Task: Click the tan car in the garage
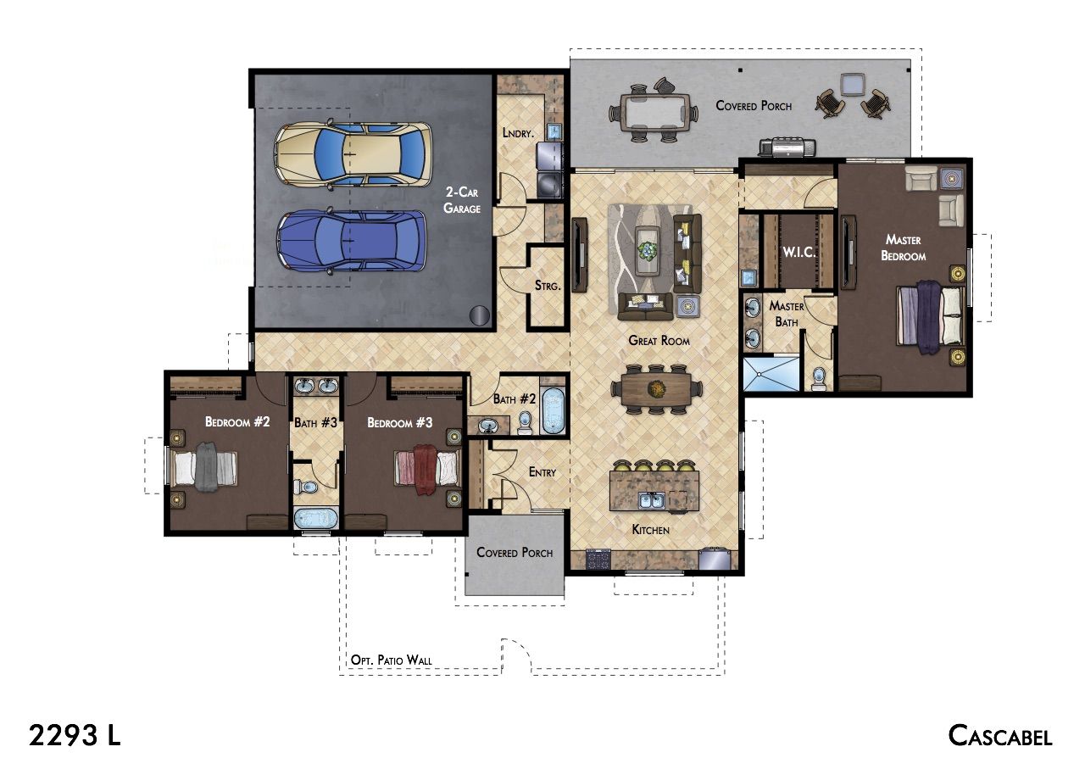point(353,154)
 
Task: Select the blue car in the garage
point(352,241)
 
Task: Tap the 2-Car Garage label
point(462,200)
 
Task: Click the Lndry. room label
point(518,133)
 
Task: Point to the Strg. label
point(548,286)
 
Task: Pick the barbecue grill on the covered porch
point(787,148)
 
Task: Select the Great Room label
point(659,341)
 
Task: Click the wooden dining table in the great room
point(656,389)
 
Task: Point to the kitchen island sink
point(651,500)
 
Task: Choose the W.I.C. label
point(798,252)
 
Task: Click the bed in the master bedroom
point(930,316)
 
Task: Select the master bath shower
point(771,374)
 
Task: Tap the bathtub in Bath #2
point(553,411)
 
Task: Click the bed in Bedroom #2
point(203,467)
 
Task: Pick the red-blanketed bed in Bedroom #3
point(427,469)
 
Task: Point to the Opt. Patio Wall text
point(391,660)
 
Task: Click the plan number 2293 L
point(75,735)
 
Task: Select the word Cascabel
point(999,735)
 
